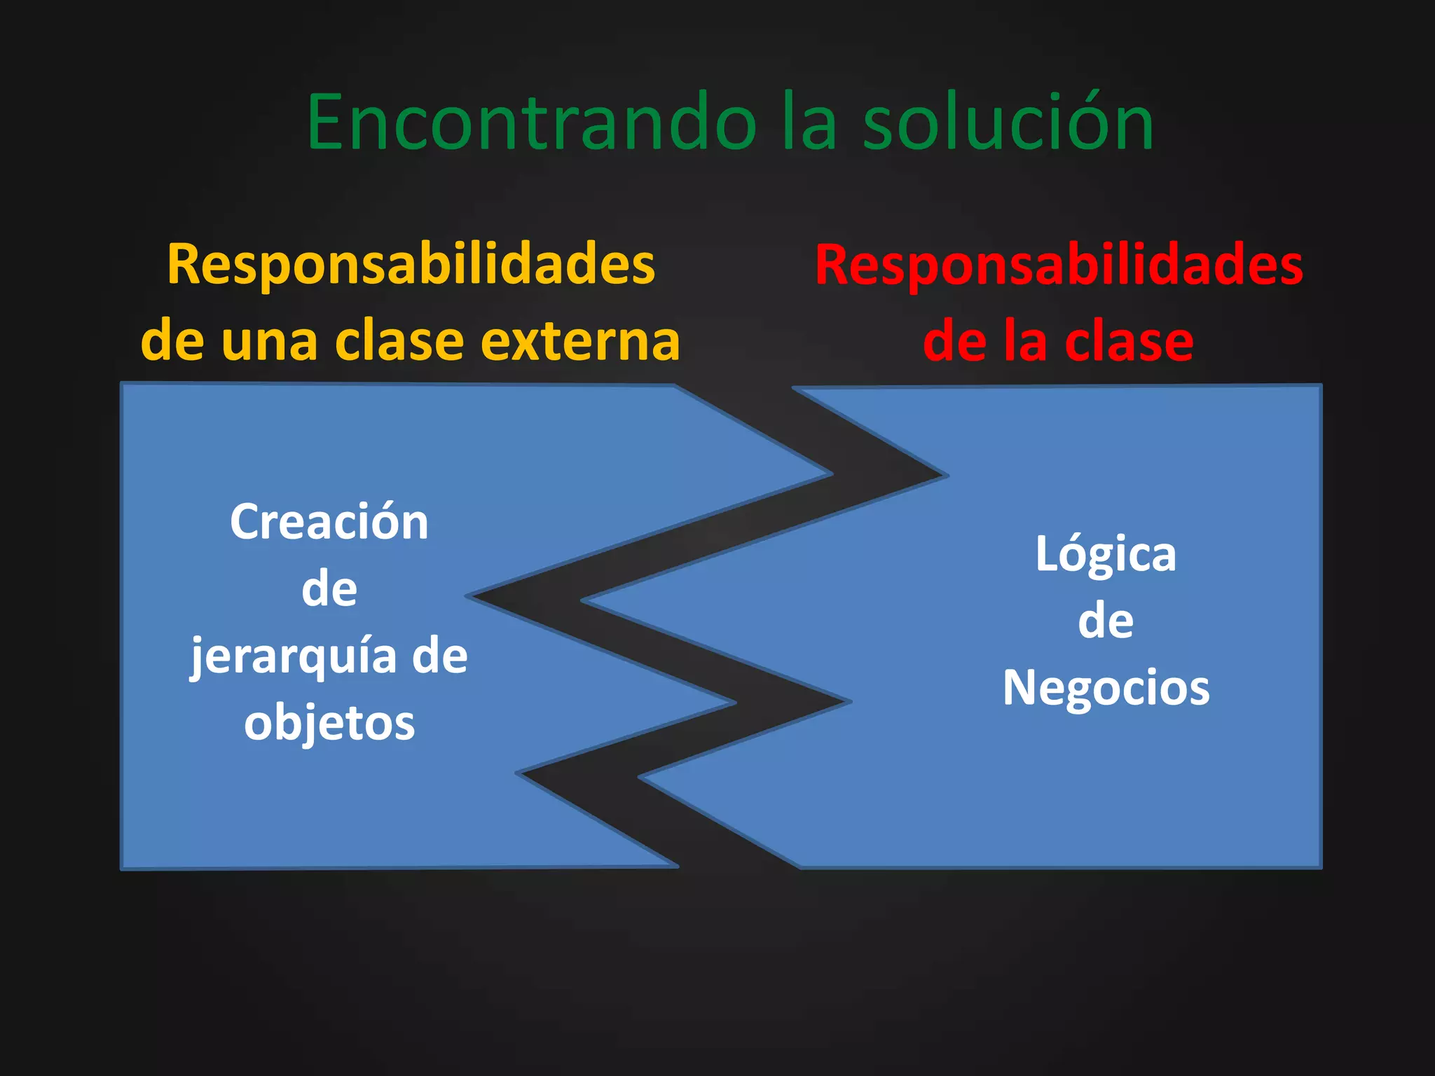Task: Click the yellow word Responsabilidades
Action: [411, 265]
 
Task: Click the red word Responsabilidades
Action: [1059, 265]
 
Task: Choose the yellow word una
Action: [269, 342]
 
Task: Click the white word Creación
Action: [329, 522]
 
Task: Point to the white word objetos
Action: [329, 723]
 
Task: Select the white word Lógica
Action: [1106, 555]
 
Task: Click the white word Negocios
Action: [1106, 688]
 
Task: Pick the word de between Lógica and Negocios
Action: [1106, 621]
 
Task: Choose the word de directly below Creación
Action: [329, 589]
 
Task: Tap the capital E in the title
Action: [332, 122]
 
